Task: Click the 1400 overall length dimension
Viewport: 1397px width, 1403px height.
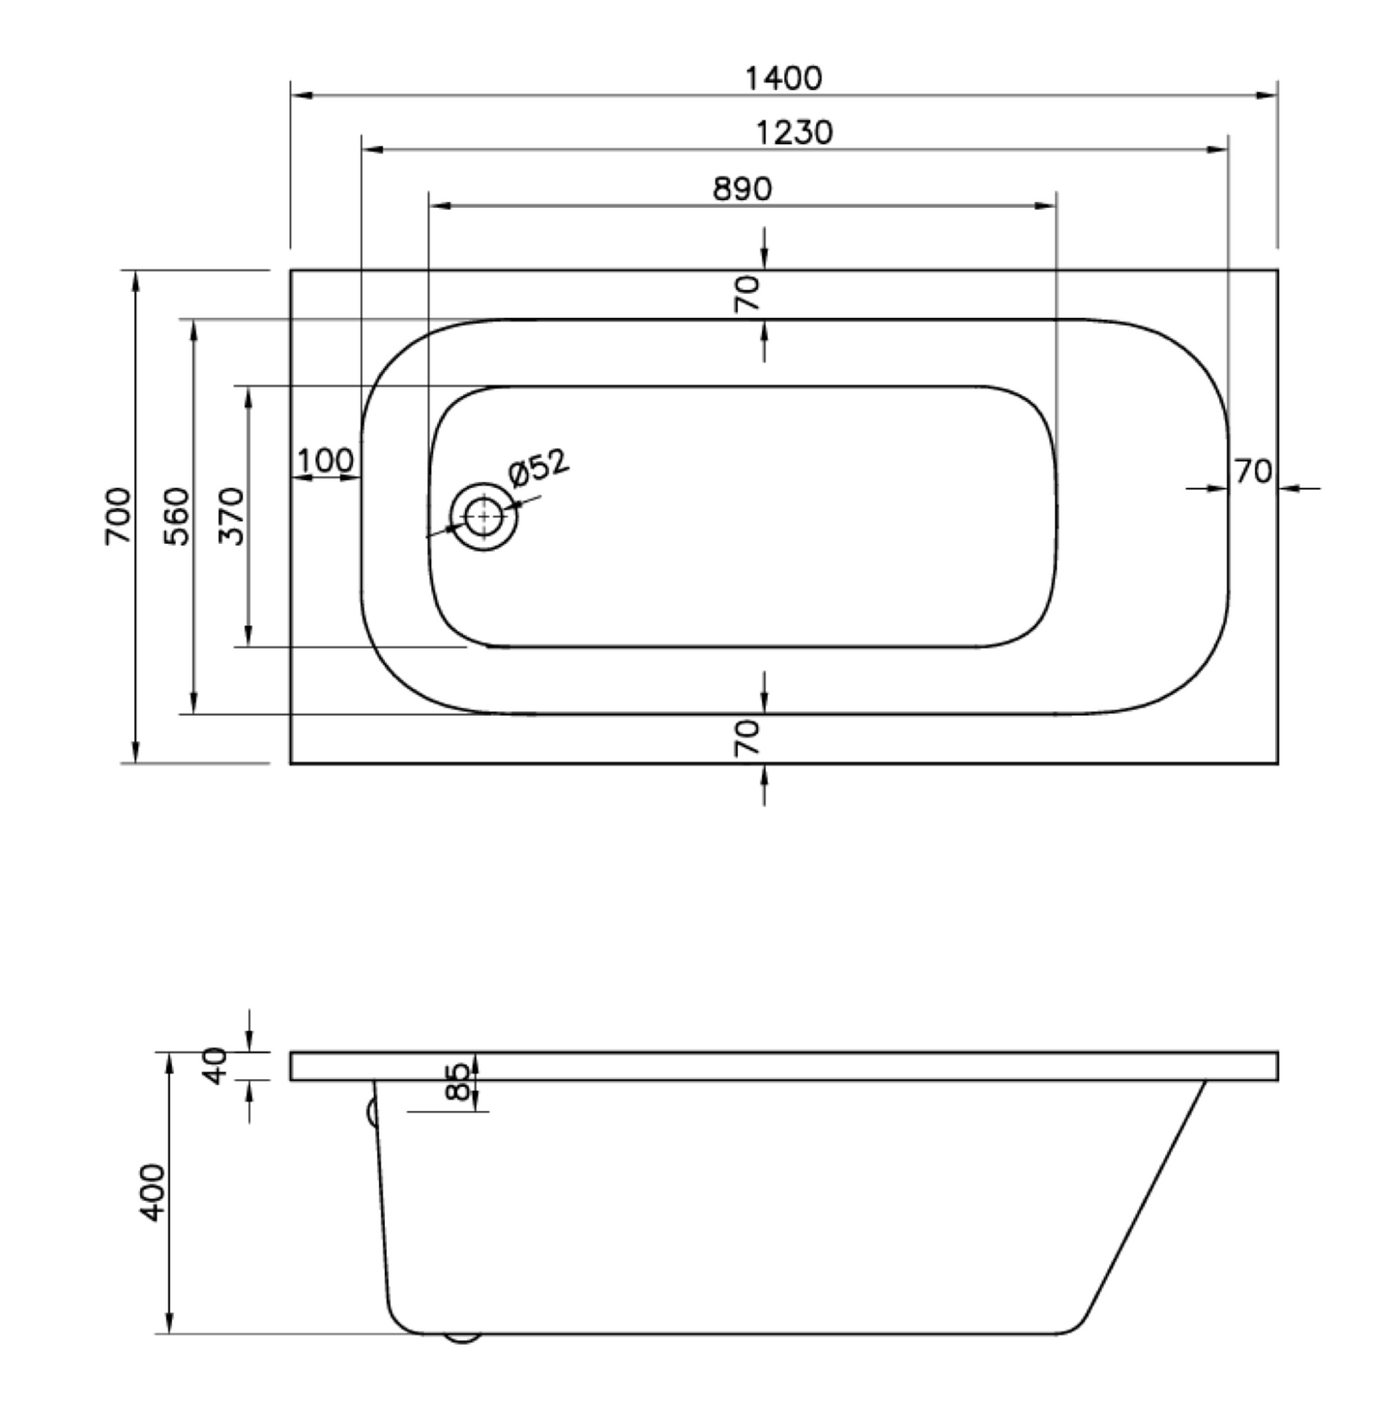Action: click(783, 77)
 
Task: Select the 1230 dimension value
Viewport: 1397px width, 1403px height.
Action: click(794, 132)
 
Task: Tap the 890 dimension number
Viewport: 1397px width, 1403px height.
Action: click(742, 188)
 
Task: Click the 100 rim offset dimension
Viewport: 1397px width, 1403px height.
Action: click(325, 460)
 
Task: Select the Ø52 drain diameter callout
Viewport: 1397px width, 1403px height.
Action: click(538, 469)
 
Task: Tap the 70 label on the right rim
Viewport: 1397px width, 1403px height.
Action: click(1253, 472)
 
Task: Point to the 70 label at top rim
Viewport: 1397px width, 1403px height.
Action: click(747, 293)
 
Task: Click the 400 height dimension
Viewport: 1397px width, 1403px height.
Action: click(153, 1192)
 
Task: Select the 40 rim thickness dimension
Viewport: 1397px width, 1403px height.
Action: click(217, 1065)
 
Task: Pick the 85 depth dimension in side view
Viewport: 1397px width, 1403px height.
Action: click(460, 1080)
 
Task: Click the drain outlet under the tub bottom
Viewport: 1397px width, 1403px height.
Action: click(462, 1338)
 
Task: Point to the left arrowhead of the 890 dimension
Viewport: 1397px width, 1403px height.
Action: click(441, 206)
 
